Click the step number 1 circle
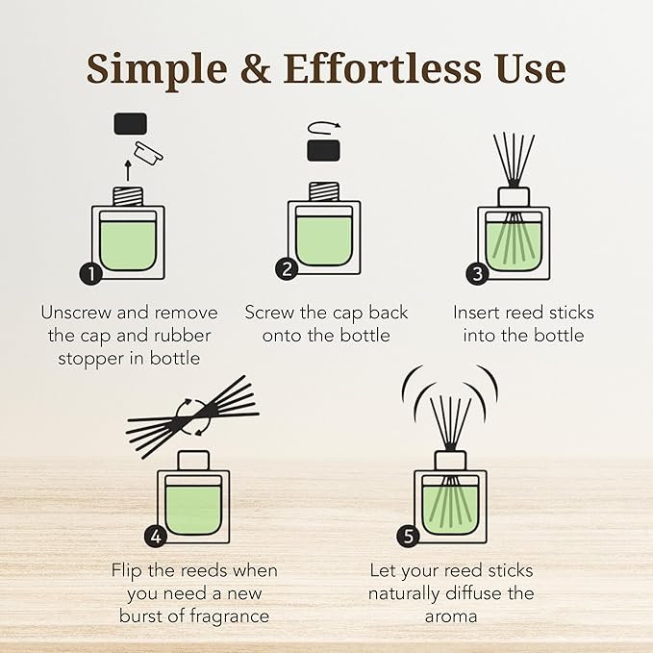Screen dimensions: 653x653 (90, 273)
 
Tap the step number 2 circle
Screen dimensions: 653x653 (287, 269)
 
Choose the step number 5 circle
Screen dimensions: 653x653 (409, 536)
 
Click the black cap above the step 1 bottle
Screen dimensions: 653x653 (130, 122)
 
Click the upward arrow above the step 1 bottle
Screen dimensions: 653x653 (129, 171)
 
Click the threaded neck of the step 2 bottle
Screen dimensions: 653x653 (321, 190)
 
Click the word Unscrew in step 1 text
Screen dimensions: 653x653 (78, 313)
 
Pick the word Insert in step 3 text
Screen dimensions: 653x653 (478, 313)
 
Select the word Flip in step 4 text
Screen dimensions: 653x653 (129, 571)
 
